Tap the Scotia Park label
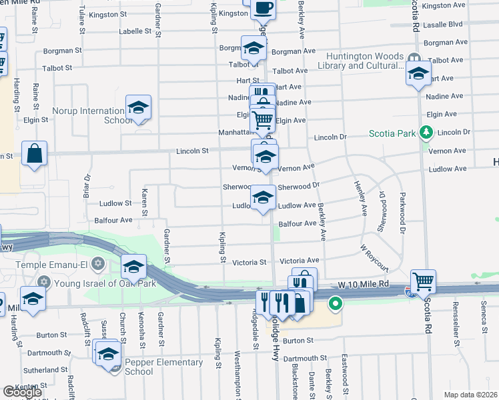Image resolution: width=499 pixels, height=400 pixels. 392,133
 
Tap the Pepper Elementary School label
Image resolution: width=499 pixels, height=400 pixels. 163,367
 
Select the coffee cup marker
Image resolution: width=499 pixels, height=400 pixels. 262,7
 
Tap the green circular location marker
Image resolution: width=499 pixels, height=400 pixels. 336,305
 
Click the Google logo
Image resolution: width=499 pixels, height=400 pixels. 22,391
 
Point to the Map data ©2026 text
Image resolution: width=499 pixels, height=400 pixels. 470,395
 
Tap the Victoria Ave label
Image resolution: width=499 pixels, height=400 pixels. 299,261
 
